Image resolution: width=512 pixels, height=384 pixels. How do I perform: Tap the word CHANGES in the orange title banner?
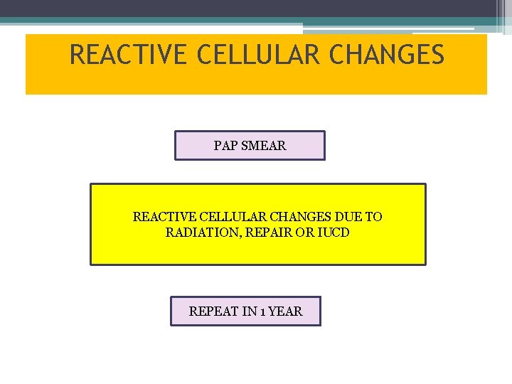390,55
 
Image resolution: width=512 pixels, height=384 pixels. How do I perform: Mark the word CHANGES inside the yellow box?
292,217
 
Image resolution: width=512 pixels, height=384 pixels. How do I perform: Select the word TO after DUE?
373,217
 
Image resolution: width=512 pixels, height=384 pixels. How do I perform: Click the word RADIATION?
200,233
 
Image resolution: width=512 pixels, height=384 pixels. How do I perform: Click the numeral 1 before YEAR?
265,311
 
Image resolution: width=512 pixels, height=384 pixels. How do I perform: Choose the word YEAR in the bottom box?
287,311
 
